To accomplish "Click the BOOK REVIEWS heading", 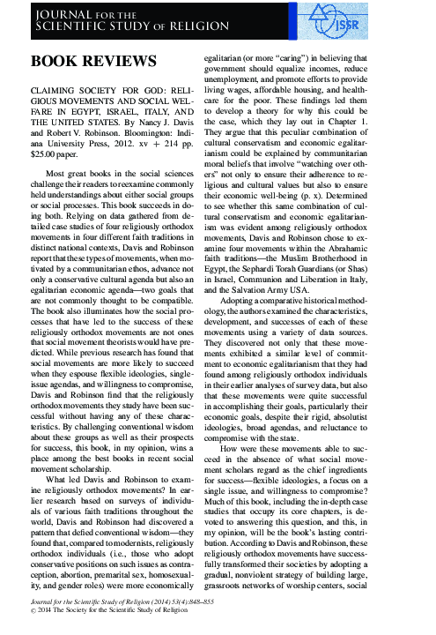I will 93,61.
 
